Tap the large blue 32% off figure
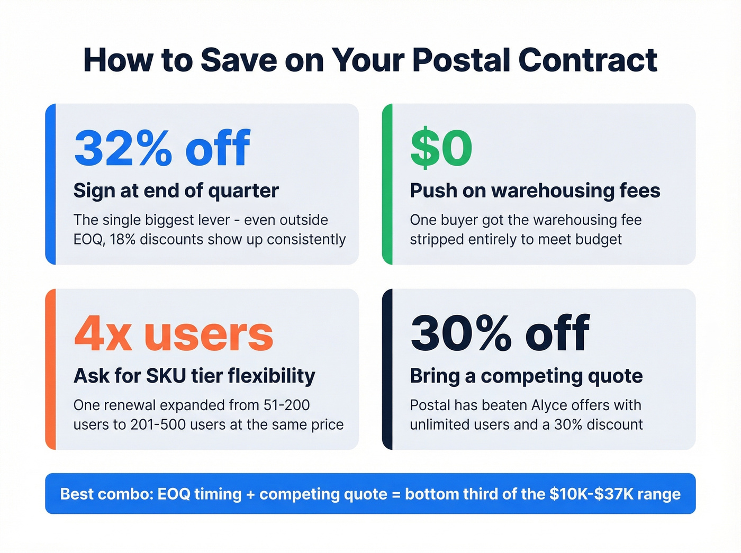(x=162, y=148)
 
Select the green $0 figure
(x=441, y=148)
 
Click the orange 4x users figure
(x=173, y=334)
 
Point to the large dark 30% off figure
(x=500, y=333)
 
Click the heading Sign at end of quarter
(x=176, y=191)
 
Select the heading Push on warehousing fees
(x=535, y=191)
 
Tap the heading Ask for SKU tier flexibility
(x=194, y=376)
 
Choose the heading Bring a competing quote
(x=526, y=376)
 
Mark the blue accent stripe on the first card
(x=50, y=184)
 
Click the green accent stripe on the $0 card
(x=387, y=184)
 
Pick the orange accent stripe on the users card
(x=50, y=369)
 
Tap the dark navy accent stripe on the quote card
(x=387, y=369)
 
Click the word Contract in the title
(x=588, y=60)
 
